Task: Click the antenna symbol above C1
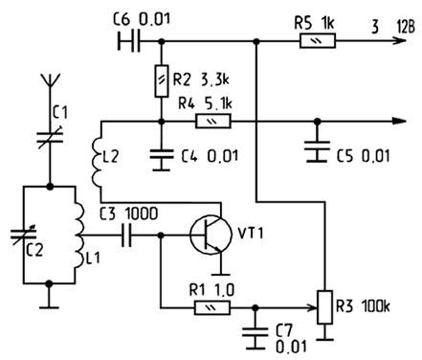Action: coord(50,81)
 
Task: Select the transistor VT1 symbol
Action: coord(211,236)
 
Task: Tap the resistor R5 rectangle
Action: coord(318,41)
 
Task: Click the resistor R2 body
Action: coord(162,81)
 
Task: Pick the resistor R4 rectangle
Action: coord(212,122)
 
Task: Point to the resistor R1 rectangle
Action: coord(212,308)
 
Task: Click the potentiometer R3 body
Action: coord(325,307)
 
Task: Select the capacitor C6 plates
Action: coord(129,41)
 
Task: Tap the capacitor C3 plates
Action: coord(126,236)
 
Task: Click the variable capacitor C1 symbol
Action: coord(50,137)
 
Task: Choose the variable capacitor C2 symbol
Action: coord(23,235)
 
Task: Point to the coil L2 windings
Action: coord(96,162)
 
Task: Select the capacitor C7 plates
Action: coord(255,333)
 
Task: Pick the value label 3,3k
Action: coord(215,79)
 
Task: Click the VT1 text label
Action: coord(251,234)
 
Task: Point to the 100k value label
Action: coord(376,306)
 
